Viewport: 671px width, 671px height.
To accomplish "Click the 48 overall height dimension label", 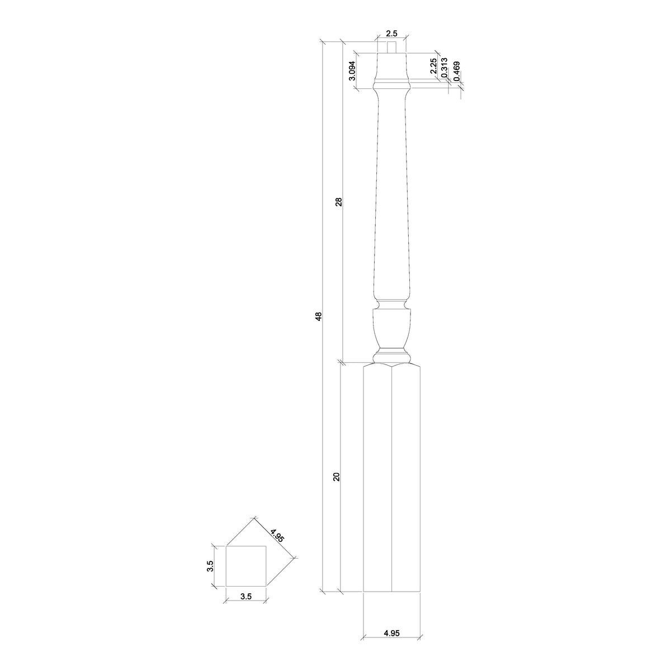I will (319, 316).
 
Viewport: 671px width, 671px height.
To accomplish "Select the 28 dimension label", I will (338, 202).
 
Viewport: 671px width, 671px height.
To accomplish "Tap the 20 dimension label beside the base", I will (336, 476).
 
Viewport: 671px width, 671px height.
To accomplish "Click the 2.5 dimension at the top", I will (391, 33).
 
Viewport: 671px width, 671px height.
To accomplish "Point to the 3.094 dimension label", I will (352, 70).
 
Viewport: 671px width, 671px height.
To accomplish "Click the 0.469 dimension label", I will (456, 72).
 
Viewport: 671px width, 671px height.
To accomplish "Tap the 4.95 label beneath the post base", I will (391, 633).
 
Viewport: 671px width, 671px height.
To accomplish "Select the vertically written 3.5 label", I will (210, 566).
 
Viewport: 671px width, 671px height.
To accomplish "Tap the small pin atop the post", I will (391, 48).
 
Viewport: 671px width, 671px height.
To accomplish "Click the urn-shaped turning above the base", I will (391, 330).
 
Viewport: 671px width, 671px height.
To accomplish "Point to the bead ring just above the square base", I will (391, 355).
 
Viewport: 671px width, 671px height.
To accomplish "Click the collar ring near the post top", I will (391, 85).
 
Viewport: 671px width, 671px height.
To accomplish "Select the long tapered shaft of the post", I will (391, 196).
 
